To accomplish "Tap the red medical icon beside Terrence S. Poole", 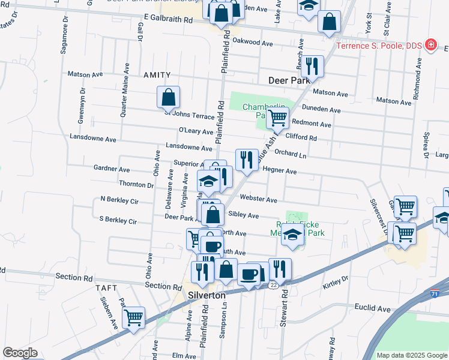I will pos(430,44).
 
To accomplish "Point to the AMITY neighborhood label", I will pos(157,75).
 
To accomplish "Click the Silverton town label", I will pos(206,296).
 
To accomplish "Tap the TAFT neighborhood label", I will pos(107,288).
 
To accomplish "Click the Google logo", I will pos(20,353).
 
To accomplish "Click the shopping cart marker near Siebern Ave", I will pos(134,317).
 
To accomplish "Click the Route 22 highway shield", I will pos(273,285).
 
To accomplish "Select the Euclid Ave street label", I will pos(372,308).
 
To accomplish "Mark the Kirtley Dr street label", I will pos(337,280).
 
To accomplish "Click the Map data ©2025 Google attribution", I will pos(411,355).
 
